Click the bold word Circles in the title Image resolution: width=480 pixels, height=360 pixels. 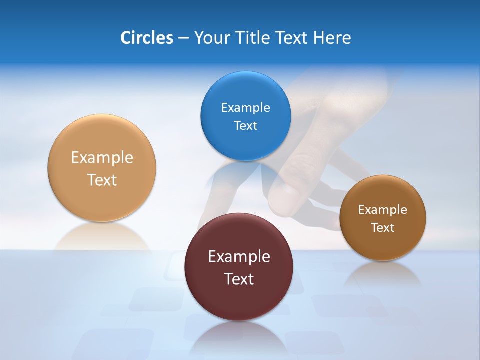(146, 38)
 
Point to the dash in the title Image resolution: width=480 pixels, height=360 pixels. (183, 38)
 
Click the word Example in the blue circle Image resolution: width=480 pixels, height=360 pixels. (245, 108)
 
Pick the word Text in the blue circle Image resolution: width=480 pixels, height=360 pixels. (245, 126)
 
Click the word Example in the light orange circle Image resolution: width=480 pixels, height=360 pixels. (102, 158)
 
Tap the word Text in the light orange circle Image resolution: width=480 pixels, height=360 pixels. (102, 180)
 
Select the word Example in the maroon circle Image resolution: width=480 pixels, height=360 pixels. (239, 257)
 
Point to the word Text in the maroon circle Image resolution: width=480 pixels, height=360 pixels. (239, 279)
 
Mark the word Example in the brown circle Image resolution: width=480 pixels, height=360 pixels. (383, 210)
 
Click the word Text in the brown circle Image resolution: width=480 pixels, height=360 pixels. (383, 228)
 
